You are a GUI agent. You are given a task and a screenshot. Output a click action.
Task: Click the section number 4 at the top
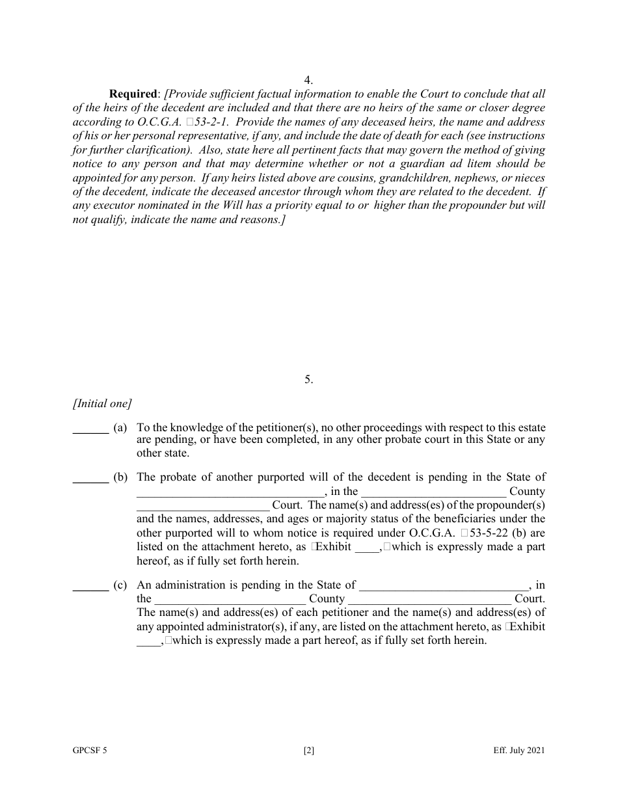(x=308, y=81)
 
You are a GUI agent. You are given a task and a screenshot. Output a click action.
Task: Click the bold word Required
(x=134, y=94)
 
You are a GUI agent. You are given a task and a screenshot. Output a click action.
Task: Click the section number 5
(x=308, y=379)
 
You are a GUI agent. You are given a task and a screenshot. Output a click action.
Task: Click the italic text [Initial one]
(x=102, y=404)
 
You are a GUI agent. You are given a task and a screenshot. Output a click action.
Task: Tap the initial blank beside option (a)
(x=90, y=429)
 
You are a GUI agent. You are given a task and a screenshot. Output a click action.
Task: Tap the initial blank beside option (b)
(x=90, y=478)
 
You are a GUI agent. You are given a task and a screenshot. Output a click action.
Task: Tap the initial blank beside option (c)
(x=90, y=585)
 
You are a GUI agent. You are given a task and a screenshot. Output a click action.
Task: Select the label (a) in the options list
(x=120, y=428)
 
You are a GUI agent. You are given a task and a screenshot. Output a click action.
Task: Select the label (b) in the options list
(x=120, y=477)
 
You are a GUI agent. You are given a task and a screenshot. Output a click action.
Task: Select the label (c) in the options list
(x=120, y=585)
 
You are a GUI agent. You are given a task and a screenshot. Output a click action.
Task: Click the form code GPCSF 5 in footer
(x=90, y=751)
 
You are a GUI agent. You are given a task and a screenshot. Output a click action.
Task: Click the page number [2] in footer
(x=309, y=751)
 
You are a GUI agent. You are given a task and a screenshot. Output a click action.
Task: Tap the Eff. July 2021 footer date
(x=518, y=751)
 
